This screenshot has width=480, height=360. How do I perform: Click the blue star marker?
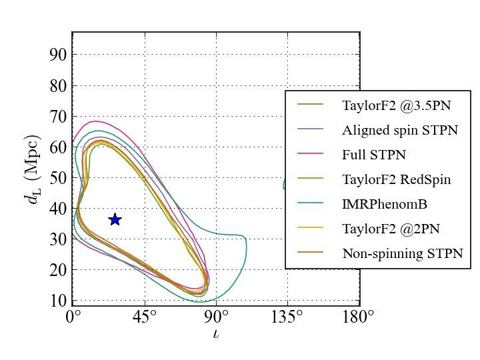pyautogui.click(x=115, y=219)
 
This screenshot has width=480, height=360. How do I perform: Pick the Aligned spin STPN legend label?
pyautogui.click(x=400, y=130)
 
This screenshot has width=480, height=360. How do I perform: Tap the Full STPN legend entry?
pyautogui.click(x=374, y=155)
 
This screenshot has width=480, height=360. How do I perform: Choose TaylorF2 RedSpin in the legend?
pyautogui.click(x=397, y=179)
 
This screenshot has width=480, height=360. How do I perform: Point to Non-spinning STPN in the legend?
pyautogui.click(x=403, y=253)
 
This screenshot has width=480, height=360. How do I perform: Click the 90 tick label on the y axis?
pyautogui.click(x=58, y=55)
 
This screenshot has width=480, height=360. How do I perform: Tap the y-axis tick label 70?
pyautogui.click(x=58, y=116)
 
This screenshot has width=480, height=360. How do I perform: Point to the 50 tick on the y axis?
pyautogui.click(x=58, y=178)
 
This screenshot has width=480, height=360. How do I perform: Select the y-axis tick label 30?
pyautogui.click(x=58, y=239)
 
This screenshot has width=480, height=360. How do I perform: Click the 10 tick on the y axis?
pyautogui.click(x=58, y=301)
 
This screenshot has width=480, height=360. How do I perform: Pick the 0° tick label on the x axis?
pyautogui.click(x=73, y=317)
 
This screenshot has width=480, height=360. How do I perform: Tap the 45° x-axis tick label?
pyautogui.click(x=145, y=317)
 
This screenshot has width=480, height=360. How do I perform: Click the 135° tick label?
pyautogui.click(x=287, y=317)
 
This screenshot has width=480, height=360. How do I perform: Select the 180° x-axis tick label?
pyautogui.click(x=359, y=317)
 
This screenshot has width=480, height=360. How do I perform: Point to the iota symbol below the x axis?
pyautogui.click(x=215, y=333)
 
